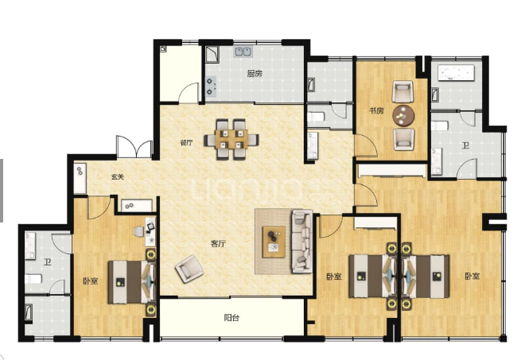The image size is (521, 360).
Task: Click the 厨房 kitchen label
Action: click(255, 73)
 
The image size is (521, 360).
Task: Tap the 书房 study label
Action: click(376, 110)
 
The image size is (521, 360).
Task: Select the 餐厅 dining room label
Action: click(186, 142)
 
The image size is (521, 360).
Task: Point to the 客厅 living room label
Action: click(218, 244)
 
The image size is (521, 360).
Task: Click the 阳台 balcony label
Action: click(231, 318)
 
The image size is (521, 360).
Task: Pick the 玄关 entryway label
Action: click(117, 177)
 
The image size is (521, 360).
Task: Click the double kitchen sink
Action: click(243, 52)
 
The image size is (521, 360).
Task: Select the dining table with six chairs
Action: click(231, 139)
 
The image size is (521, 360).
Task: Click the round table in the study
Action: click(403, 115)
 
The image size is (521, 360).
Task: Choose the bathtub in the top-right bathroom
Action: click(456, 72)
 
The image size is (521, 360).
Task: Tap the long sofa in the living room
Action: click(301, 241)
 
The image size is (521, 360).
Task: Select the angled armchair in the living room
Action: click(189, 269)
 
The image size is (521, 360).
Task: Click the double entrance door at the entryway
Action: click(134, 146)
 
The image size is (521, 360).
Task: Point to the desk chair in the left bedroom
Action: click(138, 231)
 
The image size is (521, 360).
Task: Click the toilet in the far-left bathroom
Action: click(33, 278)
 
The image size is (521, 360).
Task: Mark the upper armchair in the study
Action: click(402, 91)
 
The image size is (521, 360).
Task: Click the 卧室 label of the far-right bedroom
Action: click(472, 276)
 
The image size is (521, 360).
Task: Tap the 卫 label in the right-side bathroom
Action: click(466, 145)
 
